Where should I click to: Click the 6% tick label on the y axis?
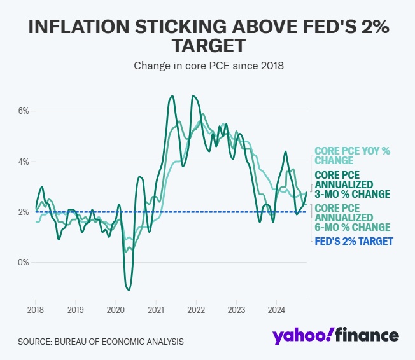pos(23,111)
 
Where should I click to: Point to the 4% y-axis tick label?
pos(23,162)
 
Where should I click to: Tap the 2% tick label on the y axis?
pos(23,212)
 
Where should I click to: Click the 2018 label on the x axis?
pos(35,310)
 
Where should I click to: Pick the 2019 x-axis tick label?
pos(75,310)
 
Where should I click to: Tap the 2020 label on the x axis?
pos(115,310)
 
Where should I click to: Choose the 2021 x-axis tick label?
pos(156,310)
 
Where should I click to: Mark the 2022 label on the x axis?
pos(196,310)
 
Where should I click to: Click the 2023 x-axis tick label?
pos(236,310)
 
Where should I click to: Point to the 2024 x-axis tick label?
pos(276,310)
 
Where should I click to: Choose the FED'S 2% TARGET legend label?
pos(354,241)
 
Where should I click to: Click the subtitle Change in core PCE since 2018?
pos(207,65)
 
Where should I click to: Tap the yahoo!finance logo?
pos(336,336)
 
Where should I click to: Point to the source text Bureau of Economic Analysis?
pos(101,342)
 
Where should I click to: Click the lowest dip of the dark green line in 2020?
pos(129,290)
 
